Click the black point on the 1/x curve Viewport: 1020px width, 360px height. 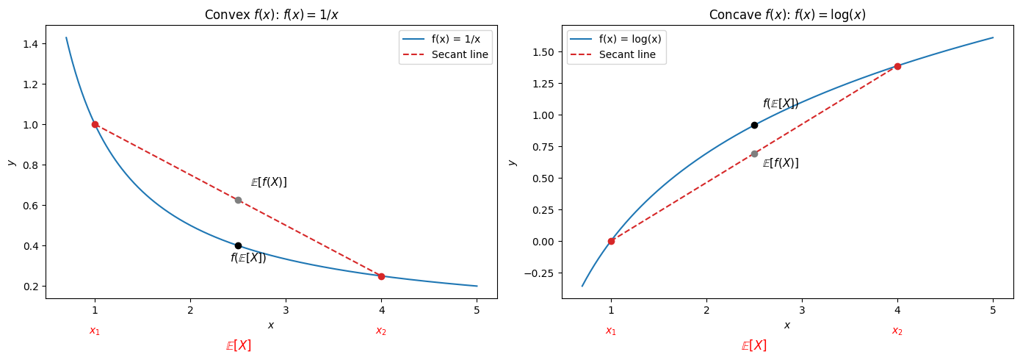[238, 245]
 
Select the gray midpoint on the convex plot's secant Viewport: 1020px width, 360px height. [238, 200]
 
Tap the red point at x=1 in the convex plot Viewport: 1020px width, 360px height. [95, 124]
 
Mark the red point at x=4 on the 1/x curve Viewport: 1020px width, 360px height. [381, 276]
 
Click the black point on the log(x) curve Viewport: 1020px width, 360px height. [754, 125]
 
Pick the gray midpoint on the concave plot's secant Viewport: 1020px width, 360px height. [754, 154]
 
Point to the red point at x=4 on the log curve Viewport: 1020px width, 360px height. [897, 66]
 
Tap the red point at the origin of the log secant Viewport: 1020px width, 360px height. [611, 241]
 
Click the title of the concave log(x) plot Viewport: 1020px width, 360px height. [786, 15]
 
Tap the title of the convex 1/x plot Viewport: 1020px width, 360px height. [271, 15]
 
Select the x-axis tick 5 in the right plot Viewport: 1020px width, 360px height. [993, 311]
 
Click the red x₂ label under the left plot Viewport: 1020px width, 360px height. [381, 331]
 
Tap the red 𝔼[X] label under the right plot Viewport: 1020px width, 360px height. [754, 345]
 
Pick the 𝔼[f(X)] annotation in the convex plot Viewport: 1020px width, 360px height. [269, 182]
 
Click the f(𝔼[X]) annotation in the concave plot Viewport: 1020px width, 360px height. [781, 104]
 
